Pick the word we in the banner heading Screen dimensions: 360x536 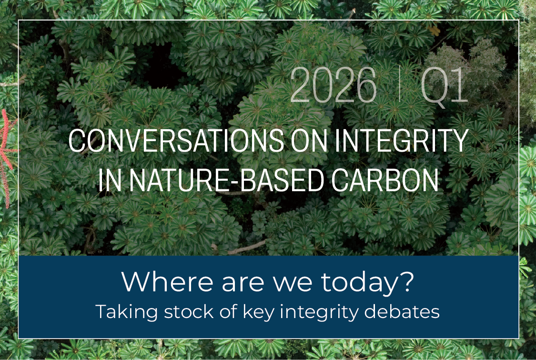point(293,283)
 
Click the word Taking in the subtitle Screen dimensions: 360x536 point(122,311)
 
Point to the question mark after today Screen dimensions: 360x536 point(406,282)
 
